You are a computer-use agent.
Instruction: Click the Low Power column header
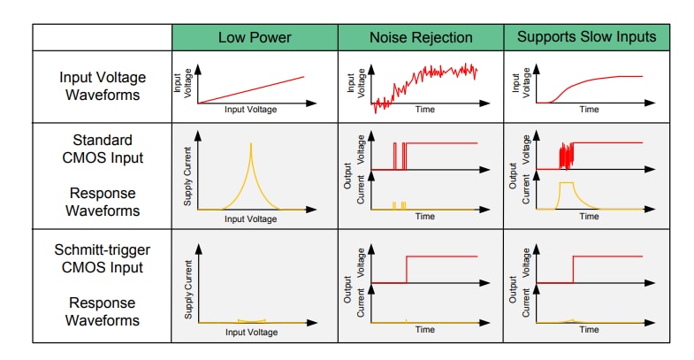click(255, 37)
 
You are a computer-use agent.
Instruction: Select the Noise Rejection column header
click(420, 37)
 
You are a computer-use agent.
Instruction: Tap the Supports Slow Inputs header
click(586, 37)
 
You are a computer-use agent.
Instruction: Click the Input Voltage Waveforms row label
click(103, 86)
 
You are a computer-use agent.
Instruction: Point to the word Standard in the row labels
click(103, 140)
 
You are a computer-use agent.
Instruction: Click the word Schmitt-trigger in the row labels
click(103, 249)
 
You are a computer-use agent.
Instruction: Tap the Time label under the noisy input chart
click(424, 111)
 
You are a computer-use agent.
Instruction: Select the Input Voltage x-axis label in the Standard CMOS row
click(250, 218)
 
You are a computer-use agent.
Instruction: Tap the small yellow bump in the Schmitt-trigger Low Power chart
click(250, 320)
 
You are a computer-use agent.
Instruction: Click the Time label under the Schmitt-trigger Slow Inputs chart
click(590, 330)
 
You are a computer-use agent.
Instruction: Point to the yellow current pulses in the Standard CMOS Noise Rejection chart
click(398, 205)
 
